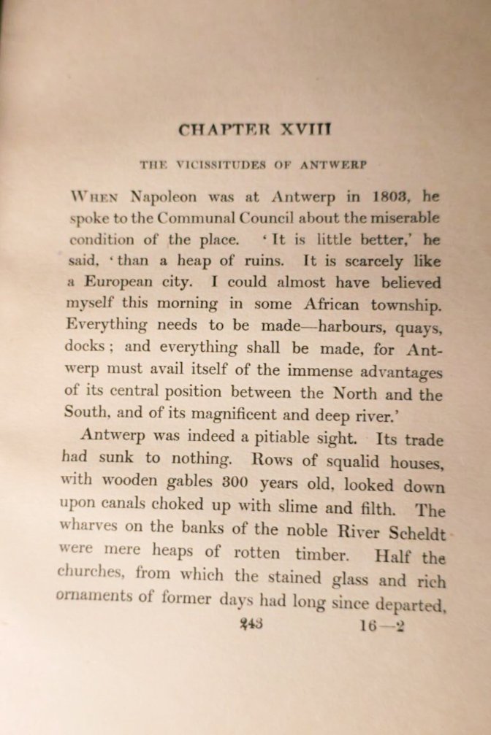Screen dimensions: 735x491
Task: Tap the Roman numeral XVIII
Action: pyautogui.click(x=306, y=131)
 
